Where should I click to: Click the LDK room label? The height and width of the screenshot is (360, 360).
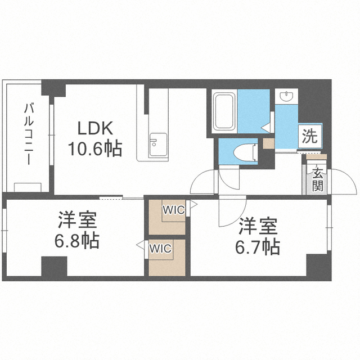click(95, 128)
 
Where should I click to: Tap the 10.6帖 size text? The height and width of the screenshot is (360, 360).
click(95, 148)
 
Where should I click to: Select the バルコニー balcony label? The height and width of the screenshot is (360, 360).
click(29, 134)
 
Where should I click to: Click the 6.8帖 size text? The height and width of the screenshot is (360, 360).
click(77, 241)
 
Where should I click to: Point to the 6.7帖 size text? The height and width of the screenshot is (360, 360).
click(258, 247)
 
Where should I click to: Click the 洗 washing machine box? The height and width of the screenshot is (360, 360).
click(310, 136)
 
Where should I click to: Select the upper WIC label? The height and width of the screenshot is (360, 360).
click(174, 210)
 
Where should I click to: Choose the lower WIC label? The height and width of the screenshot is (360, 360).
click(160, 248)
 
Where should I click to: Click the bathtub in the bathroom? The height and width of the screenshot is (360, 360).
click(224, 111)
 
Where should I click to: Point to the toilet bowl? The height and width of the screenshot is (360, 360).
click(245, 152)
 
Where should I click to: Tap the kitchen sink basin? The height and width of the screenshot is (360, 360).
click(158, 145)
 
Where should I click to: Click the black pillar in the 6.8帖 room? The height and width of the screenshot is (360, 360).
click(54, 266)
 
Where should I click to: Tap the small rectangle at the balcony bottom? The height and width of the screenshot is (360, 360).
click(28, 187)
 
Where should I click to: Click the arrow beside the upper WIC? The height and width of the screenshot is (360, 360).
click(193, 204)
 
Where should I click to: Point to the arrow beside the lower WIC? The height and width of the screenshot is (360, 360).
click(140, 245)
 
